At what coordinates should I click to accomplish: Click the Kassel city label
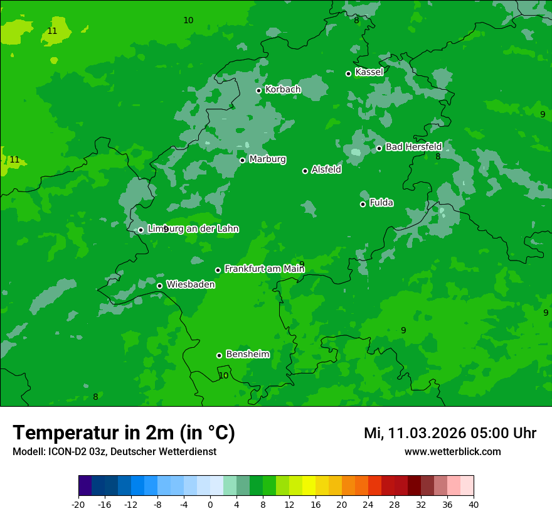(369, 72)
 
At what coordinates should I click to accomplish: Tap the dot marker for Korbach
(258, 90)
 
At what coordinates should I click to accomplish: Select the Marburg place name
(267, 159)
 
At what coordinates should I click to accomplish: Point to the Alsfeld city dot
(305, 171)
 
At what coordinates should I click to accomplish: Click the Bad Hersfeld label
(413, 147)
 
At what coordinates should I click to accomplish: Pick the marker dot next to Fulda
(363, 204)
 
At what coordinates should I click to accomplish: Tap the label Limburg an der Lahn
(193, 229)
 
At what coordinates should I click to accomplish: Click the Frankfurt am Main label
(264, 269)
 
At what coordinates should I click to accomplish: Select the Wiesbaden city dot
(159, 286)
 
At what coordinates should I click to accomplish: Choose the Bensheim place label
(247, 354)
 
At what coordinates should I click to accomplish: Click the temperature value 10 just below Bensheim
(223, 375)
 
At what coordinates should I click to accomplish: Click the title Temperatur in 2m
(124, 432)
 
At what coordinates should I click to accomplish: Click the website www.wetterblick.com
(452, 451)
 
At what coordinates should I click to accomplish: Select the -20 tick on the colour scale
(78, 504)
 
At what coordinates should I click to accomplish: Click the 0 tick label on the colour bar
(210, 504)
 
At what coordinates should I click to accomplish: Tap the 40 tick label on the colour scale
(474, 504)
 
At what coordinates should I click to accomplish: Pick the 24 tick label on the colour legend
(368, 504)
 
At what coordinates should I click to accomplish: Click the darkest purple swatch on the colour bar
(85, 486)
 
